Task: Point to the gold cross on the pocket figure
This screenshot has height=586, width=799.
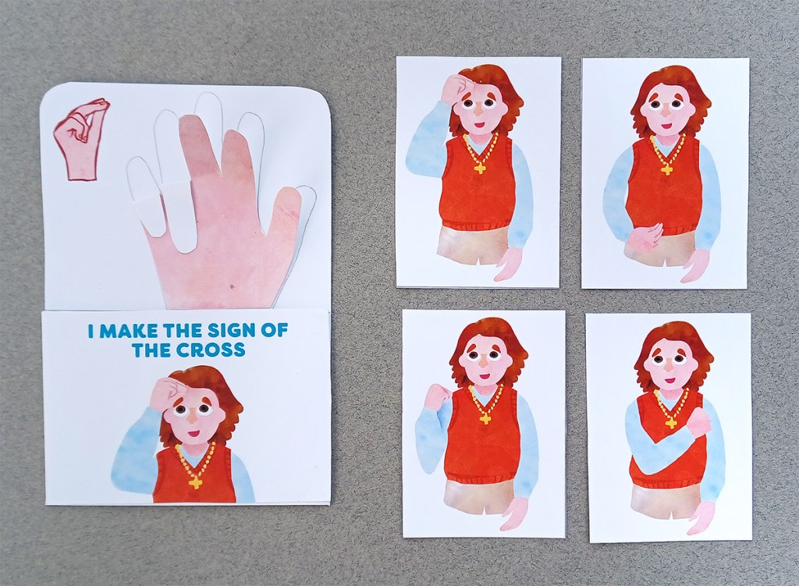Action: (x=195, y=481)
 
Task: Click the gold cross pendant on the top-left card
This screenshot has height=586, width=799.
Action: (x=479, y=166)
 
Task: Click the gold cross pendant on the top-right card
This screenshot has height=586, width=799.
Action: (x=666, y=167)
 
